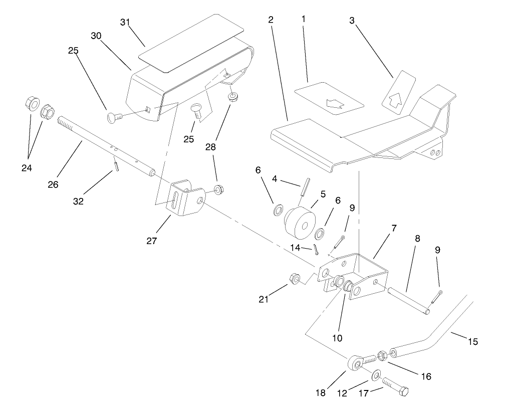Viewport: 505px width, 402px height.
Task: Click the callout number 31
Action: point(126,23)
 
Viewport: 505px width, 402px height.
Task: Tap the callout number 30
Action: point(96,36)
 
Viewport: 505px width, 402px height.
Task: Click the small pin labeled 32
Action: point(116,165)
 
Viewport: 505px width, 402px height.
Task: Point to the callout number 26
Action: point(53,184)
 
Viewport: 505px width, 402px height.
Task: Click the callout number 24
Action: point(27,168)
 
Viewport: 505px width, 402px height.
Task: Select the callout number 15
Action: point(472,342)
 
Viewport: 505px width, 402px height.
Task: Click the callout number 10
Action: point(337,338)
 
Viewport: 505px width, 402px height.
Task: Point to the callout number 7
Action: point(394,228)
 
